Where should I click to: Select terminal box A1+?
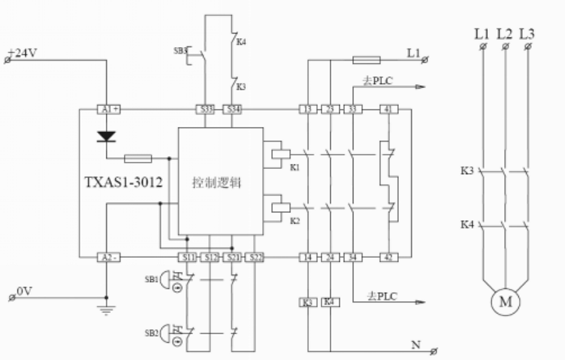[x=108, y=109]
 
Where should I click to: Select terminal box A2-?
[x=108, y=257]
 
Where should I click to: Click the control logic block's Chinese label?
[x=217, y=183]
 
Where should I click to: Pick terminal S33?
[x=206, y=109]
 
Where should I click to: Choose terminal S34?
[x=232, y=109]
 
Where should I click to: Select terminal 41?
[x=390, y=109]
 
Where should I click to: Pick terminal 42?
[x=390, y=257]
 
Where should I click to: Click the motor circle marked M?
[x=506, y=302]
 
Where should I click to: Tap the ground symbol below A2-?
[x=106, y=307]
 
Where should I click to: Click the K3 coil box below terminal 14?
[x=308, y=302]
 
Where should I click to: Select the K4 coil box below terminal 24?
[x=329, y=302]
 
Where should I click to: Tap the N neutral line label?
[x=415, y=345]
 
